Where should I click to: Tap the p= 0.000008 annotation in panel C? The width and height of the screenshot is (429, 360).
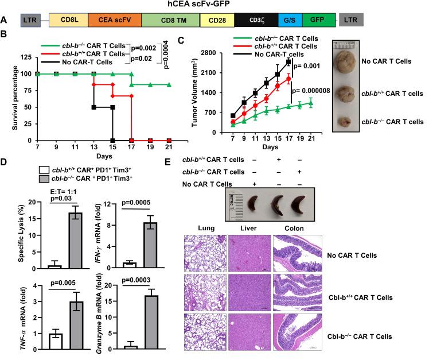tap(317, 90)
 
